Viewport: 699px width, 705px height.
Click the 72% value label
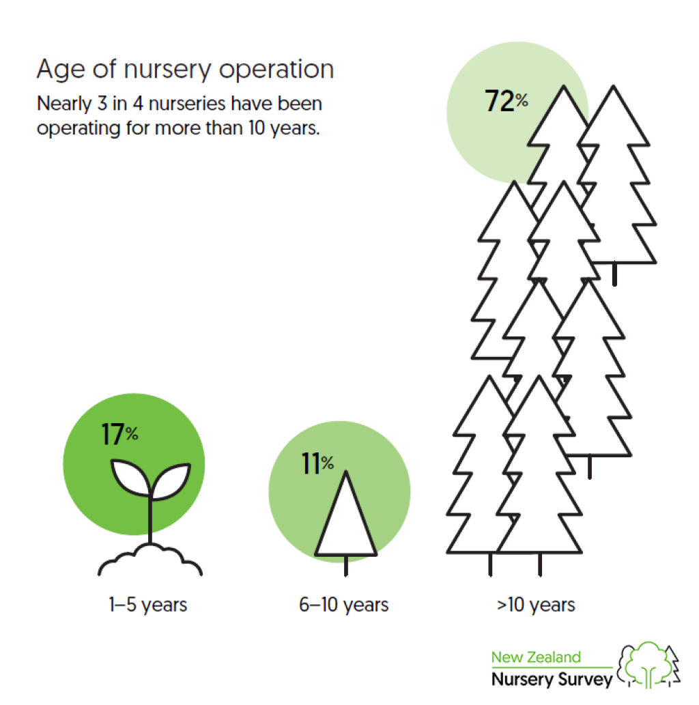pyautogui.click(x=506, y=100)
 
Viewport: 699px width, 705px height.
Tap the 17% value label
pyautogui.click(x=119, y=434)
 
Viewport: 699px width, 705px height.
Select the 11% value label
pyautogui.click(x=317, y=463)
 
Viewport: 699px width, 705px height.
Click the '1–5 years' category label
pyautogui.click(x=147, y=605)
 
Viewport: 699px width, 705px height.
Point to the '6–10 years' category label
pyautogui.click(x=343, y=605)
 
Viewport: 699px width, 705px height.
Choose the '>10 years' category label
pyautogui.click(x=536, y=605)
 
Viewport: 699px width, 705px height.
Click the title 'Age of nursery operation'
pyautogui.click(x=185, y=70)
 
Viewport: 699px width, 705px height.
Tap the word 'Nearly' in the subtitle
pyautogui.click(x=64, y=104)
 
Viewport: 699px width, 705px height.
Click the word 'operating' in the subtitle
pyautogui.click(x=79, y=128)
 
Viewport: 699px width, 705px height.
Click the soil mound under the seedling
pyautogui.click(x=150, y=560)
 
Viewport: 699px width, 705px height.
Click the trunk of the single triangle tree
pyautogui.click(x=345, y=566)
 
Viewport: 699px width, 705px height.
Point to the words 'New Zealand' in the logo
pyautogui.click(x=536, y=657)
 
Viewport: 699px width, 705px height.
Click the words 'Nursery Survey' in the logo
pyautogui.click(x=552, y=679)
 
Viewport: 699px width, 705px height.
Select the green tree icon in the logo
pyautogui.click(x=646, y=665)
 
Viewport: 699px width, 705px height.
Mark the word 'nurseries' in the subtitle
pyautogui.click(x=187, y=104)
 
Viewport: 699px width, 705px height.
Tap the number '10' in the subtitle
pyautogui.click(x=257, y=128)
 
